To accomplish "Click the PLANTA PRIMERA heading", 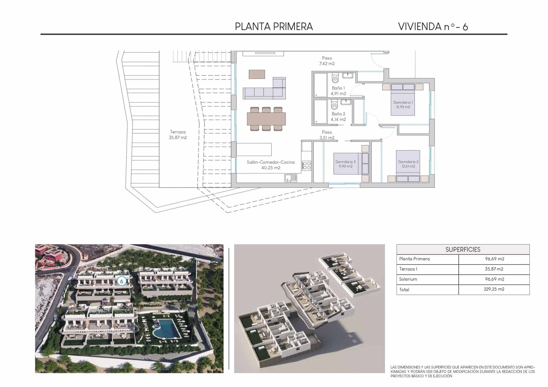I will pos(274,27).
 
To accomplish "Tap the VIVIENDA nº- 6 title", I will pos(433,27).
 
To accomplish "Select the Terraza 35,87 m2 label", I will pos(178,134).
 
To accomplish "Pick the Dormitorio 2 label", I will pos(408,164).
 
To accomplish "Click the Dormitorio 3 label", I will pos(345,164).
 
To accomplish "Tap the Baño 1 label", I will pos(338,91).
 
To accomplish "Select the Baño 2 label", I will pos(338,117).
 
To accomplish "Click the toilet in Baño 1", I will pos(335,79).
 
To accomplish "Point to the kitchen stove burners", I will pos(306,166).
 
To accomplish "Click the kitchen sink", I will pos(290,178).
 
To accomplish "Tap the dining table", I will pos(266,119).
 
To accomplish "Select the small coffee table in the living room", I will pos(257,74).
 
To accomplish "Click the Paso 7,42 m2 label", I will pos(327,61).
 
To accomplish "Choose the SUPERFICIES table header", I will pos(463,249).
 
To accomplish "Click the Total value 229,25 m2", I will pos(494,289).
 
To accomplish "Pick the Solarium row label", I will pos(408,279).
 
